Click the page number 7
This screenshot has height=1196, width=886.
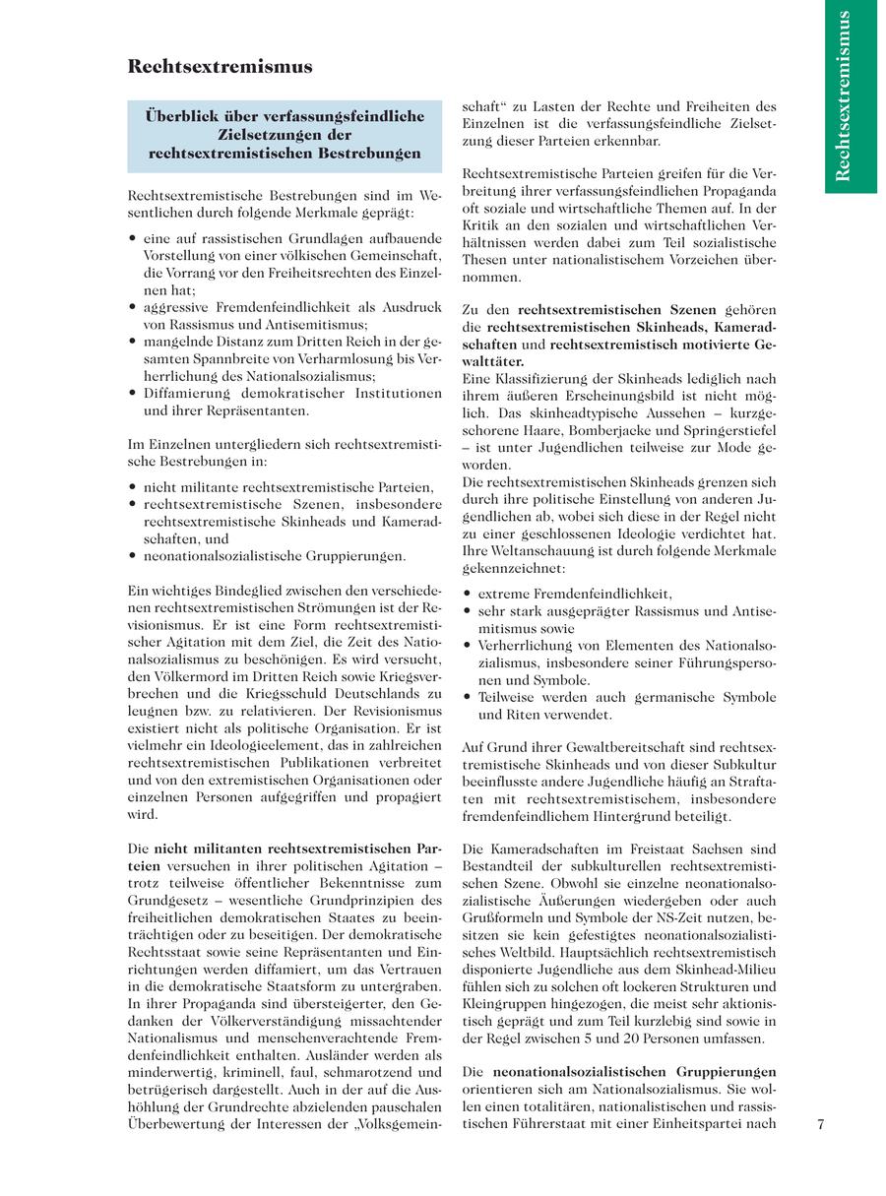[820, 1126]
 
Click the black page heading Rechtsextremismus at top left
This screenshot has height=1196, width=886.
[220, 67]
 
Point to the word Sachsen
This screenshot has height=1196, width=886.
[753, 849]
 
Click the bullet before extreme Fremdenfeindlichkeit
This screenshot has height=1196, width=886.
[467, 595]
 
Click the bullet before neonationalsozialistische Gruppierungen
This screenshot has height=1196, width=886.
[133, 556]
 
